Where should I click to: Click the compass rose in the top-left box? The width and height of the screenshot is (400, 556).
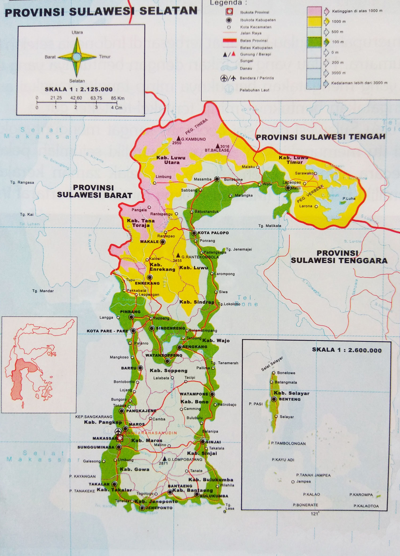coord(77,57)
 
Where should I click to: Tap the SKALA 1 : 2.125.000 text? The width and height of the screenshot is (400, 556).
coord(79,90)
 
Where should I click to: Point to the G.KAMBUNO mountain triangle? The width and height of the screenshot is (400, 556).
coord(178,138)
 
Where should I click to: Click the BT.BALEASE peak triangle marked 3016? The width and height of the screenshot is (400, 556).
coord(218,146)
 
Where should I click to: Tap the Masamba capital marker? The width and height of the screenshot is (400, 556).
coord(217,179)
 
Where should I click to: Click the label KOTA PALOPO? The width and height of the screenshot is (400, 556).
coord(213,233)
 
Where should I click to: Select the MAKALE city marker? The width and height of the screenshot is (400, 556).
coord(162,242)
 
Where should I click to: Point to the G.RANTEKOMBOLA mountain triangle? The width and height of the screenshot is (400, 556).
coord(178,255)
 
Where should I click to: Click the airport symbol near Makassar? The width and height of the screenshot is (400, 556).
coord(118,431)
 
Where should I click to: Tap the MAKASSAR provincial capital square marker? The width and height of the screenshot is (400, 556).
coord(120,438)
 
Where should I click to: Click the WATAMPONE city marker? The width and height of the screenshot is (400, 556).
coord(212,394)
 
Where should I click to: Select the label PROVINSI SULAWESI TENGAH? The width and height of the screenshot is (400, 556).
coord(321,137)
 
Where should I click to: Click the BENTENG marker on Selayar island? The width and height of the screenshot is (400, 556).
coord(274,399)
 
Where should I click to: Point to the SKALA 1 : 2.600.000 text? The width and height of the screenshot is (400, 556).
coord(347,350)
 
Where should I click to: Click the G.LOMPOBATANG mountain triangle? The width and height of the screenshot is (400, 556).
coord(165,458)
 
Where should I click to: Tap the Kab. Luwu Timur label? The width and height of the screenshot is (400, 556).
coord(294,160)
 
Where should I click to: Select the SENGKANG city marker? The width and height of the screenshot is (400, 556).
coord(179,347)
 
